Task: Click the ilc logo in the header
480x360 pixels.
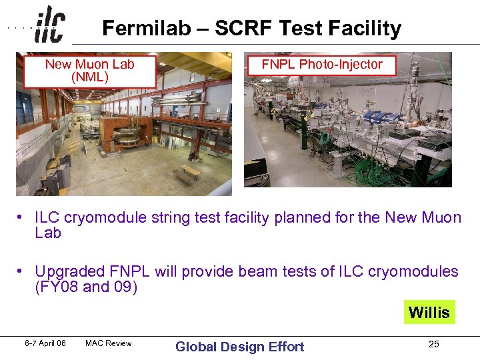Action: pyautogui.click(x=49, y=24)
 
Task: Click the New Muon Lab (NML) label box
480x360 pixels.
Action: pyautogui.click(x=89, y=71)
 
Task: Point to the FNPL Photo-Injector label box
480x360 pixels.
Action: pyautogui.click(x=321, y=65)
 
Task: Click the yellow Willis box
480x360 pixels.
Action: pyautogui.click(x=429, y=312)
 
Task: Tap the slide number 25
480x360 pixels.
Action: pyautogui.click(x=433, y=345)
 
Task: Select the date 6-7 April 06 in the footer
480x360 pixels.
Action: pyautogui.click(x=46, y=343)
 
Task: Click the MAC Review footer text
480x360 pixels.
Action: pyautogui.click(x=108, y=343)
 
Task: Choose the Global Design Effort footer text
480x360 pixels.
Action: pyautogui.click(x=239, y=346)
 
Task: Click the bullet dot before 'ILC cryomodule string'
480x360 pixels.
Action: pyautogui.click(x=22, y=217)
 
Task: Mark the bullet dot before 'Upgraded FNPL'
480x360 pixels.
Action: pyautogui.click(x=22, y=271)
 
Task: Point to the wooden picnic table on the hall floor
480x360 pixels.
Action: pyautogui.click(x=186, y=174)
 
